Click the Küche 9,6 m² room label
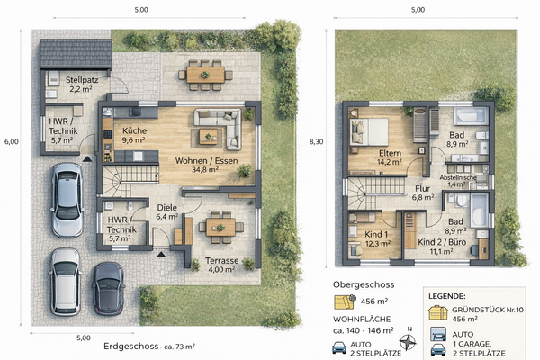click(x=133, y=136)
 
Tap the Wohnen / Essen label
click(x=199, y=163)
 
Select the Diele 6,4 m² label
click(x=167, y=211)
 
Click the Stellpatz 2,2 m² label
click(x=85, y=85)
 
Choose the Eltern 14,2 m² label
click(x=389, y=158)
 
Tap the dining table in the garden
click(x=204, y=74)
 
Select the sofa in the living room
click(x=219, y=128)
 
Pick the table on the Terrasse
click(x=220, y=226)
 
